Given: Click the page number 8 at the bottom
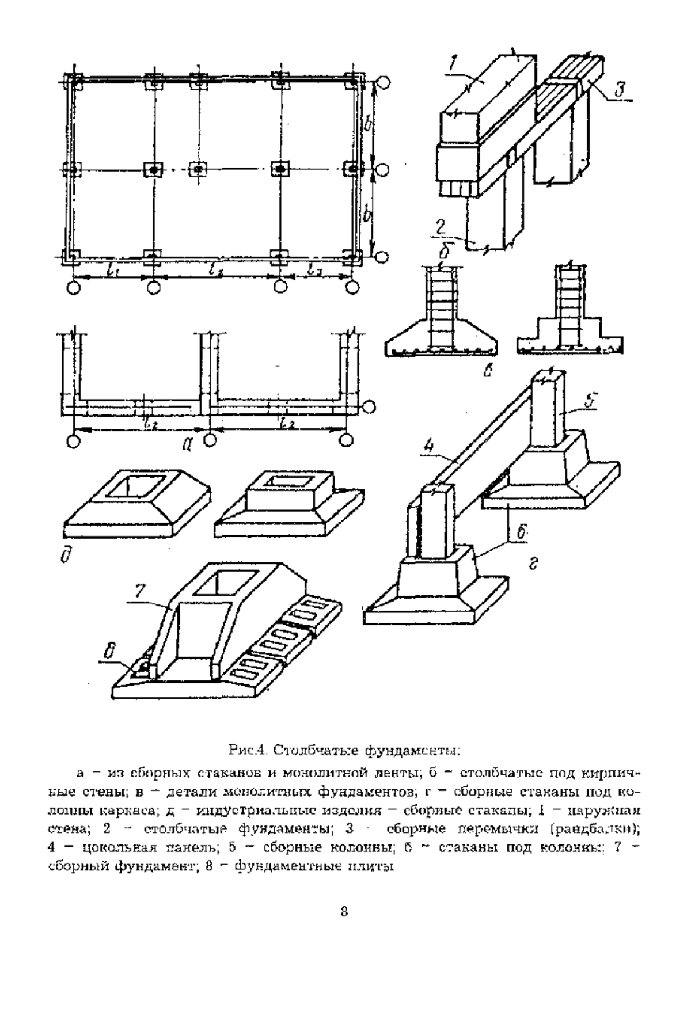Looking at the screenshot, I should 344,911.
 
